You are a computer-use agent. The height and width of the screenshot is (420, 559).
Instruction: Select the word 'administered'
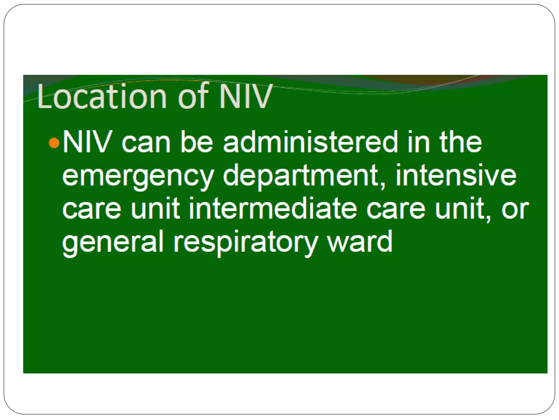click(x=310, y=143)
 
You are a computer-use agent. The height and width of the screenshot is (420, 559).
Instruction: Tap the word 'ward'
click(x=360, y=242)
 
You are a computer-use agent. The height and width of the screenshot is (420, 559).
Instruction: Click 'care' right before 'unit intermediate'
click(x=92, y=209)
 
